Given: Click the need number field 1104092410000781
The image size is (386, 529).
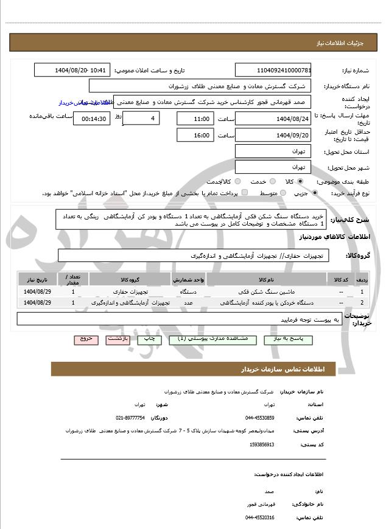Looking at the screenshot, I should pyautogui.click(x=273, y=70).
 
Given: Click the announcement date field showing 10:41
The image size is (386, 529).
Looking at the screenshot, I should pyautogui.click(x=72, y=70).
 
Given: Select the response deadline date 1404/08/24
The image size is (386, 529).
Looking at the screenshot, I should pyautogui.click(x=273, y=119).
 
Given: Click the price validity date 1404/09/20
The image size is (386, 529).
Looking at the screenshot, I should pyautogui.click(x=273, y=135).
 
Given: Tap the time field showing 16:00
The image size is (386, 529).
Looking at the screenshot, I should pyautogui.click(x=195, y=135).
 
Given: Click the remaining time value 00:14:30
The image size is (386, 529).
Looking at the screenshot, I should pyautogui.click(x=92, y=119).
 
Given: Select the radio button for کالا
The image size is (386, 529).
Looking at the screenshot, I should pyautogui.click(x=300, y=181).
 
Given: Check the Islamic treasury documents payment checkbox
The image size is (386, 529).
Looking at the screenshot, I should pyautogui.click(x=245, y=193).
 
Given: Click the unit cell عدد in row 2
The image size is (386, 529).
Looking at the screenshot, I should pyautogui.click(x=189, y=302).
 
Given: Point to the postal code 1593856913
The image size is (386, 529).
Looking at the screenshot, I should pyautogui.click(x=262, y=444).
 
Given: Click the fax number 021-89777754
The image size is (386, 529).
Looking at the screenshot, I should pyautogui.click(x=130, y=418).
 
